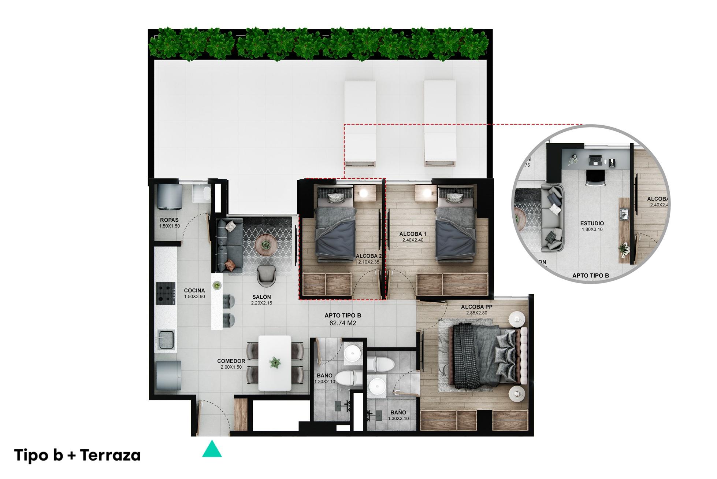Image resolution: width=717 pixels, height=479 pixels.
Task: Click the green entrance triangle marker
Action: pos(212,450)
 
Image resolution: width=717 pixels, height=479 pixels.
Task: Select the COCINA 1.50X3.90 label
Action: pos(194,293)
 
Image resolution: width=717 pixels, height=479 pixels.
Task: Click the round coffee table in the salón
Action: pos(266,245)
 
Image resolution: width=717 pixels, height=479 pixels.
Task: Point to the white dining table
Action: pos(275,363)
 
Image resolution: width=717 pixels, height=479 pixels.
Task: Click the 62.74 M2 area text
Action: pos(343,323)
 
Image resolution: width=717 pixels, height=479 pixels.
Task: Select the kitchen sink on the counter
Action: pos(166,339)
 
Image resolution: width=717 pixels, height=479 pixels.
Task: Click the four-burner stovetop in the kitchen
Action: pos(166,293)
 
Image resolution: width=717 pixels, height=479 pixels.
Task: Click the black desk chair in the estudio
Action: pos(595,178)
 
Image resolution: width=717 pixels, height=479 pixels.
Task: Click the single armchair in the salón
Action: pos(267,276)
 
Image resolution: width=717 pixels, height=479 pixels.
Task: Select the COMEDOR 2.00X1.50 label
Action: pos(231,364)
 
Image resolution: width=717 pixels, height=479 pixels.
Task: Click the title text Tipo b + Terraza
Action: pos(77,456)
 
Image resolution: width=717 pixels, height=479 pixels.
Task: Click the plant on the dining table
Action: pos(274,362)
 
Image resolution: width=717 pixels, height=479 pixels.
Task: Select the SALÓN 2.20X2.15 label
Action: pos(261,300)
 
